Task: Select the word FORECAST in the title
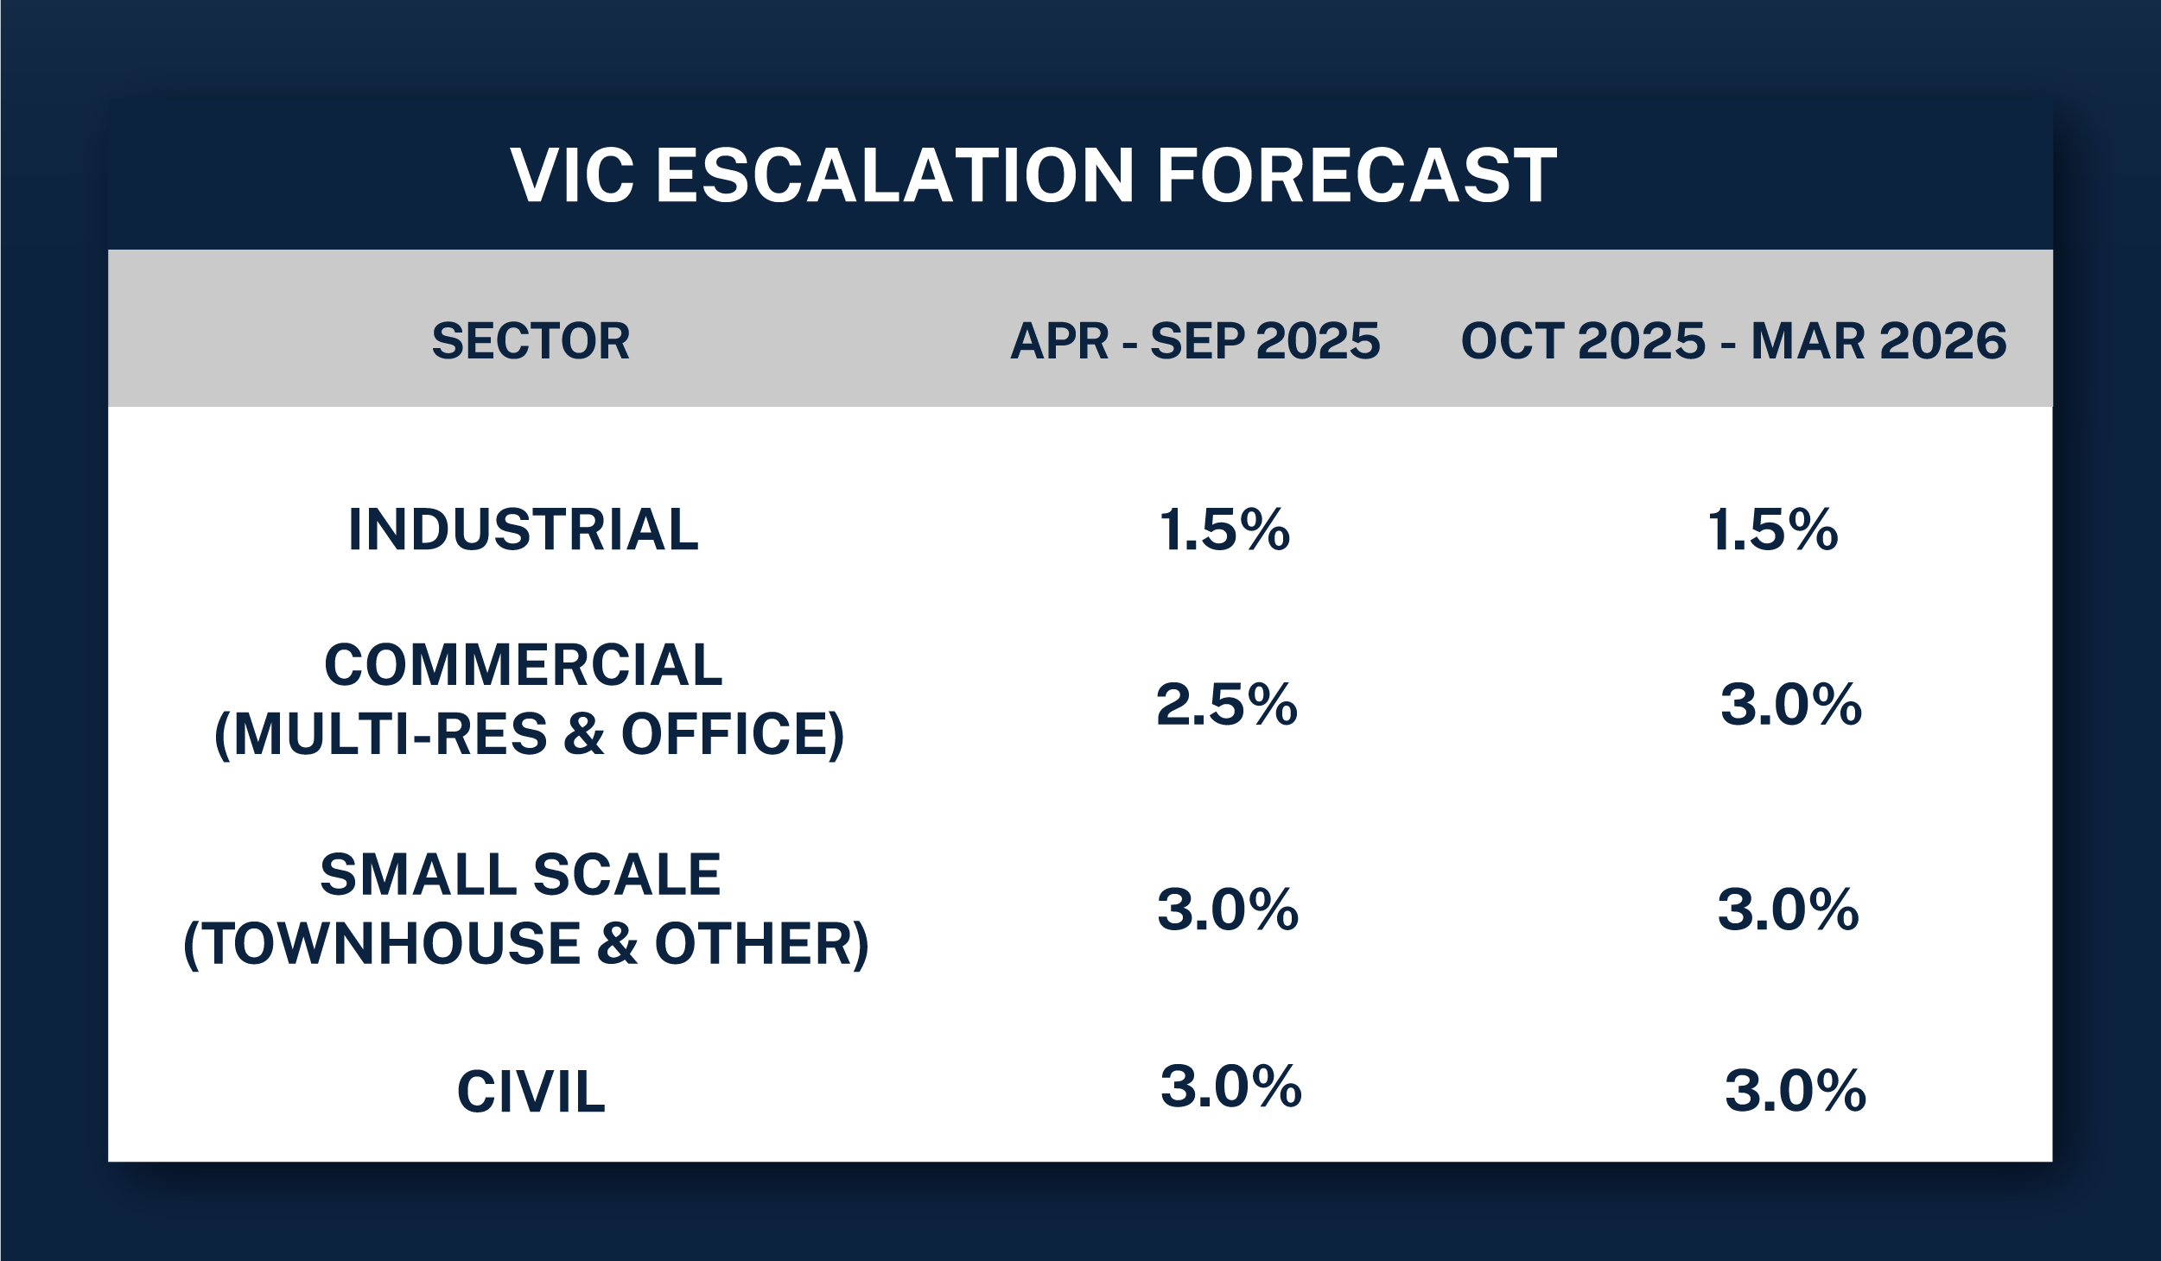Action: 1357,175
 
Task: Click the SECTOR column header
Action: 531,341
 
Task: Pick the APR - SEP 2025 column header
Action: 1196,341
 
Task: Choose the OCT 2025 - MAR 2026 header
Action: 1734,341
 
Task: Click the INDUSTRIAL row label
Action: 524,529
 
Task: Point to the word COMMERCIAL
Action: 524,665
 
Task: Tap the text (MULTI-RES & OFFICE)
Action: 529,735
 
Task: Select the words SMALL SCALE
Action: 521,875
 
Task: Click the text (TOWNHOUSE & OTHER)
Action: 526,944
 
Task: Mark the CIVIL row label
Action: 531,1092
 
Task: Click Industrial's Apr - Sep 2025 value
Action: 1224,529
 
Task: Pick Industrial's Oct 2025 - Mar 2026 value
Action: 1773,529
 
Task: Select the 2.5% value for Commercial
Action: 1227,704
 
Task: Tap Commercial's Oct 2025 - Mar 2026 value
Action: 1791,704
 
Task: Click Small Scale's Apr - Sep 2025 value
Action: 1228,909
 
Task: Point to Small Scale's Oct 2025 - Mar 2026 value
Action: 1788,909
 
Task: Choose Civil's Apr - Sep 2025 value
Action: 1231,1086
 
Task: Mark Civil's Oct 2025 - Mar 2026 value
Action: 1796,1091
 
